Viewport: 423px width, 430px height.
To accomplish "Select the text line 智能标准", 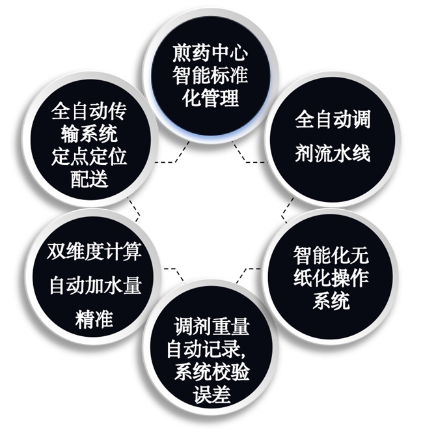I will (211, 76).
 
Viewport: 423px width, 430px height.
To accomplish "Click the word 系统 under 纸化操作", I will (331, 302).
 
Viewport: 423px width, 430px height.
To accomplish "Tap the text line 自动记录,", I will (211, 349).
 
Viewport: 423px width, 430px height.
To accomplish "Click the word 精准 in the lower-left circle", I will (95, 319).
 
